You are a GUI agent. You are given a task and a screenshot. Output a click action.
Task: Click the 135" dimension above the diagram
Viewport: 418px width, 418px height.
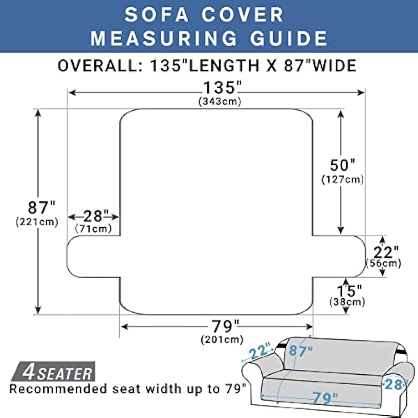(x=222, y=88)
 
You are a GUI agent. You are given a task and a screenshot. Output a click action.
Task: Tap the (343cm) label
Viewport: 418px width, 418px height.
(x=220, y=102)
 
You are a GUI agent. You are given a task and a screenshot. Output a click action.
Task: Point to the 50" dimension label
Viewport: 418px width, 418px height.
(x=342, y=165)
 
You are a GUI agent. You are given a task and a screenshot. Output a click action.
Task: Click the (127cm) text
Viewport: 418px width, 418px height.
(x=342, y=179)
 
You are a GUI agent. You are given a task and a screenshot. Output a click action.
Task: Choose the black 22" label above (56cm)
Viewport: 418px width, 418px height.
(x=386, y=252)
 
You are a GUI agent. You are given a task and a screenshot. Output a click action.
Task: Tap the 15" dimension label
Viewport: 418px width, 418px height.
(x=349, y=291)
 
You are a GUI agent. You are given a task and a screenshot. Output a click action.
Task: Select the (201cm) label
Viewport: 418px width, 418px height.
(x=222, y=339)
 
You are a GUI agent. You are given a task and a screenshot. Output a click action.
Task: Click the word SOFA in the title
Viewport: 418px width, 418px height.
(x=157, y=15)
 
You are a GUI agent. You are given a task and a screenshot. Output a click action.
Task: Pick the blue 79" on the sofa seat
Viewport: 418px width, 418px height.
(x=325, y=398)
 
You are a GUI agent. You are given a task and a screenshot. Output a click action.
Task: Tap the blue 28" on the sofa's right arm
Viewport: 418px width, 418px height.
(x=394, y=384)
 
